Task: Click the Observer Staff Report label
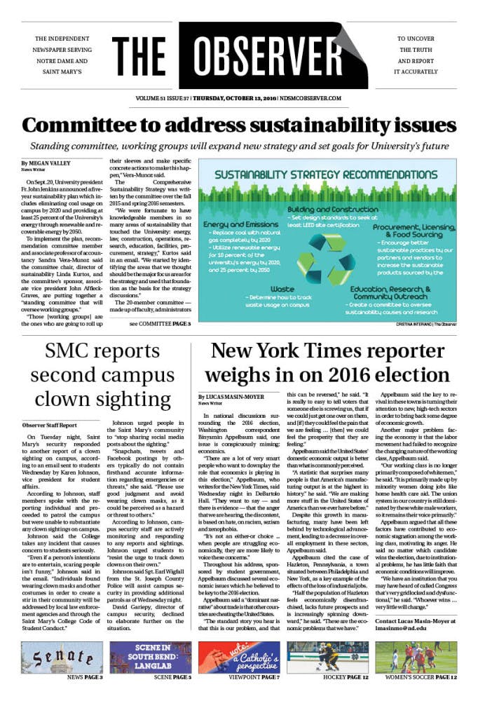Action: [x=49, y=425]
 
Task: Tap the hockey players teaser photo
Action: [x=328, y=656]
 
